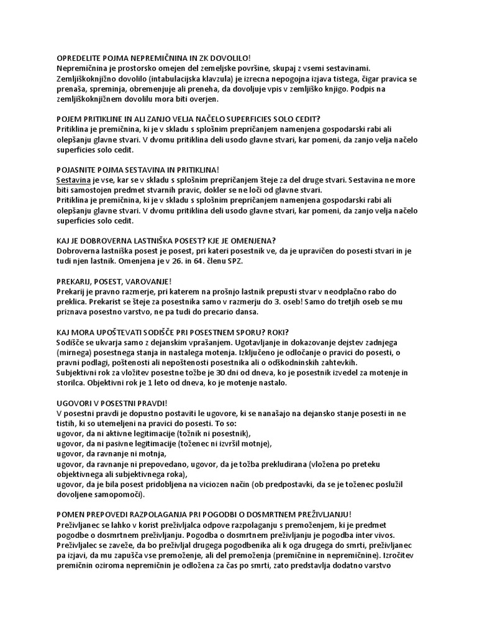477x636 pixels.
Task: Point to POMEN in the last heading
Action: pyautogui.click(x=70, y=514)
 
